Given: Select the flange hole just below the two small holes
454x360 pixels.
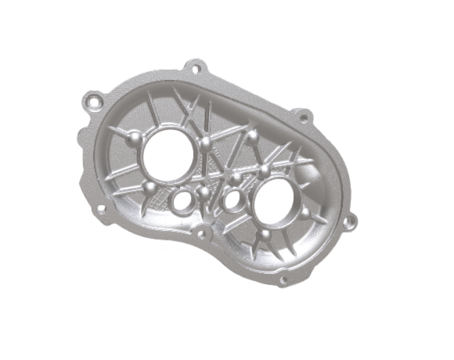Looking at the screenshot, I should pos(205,232).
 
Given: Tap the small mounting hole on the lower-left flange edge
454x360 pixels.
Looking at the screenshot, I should pos(100,208).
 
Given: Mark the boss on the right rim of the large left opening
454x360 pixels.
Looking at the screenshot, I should pos(204,143).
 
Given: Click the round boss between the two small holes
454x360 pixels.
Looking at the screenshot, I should pos(206,189).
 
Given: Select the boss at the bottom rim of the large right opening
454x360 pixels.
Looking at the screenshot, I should pos(265,234).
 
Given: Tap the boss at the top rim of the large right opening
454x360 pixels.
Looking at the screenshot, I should pos(265,169).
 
